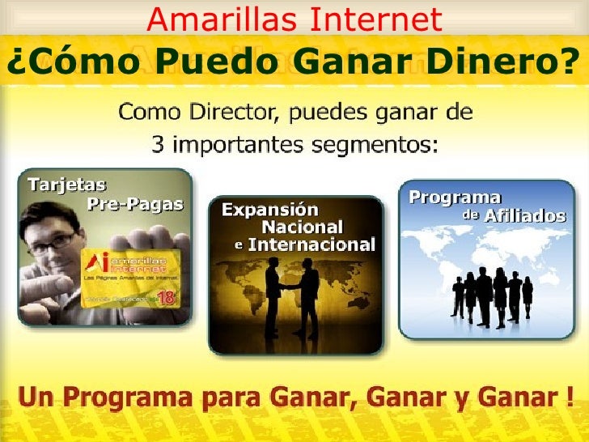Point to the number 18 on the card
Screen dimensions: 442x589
point(167,297)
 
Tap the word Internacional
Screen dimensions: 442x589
point(311,244)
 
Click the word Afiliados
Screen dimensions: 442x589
point(525,217)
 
